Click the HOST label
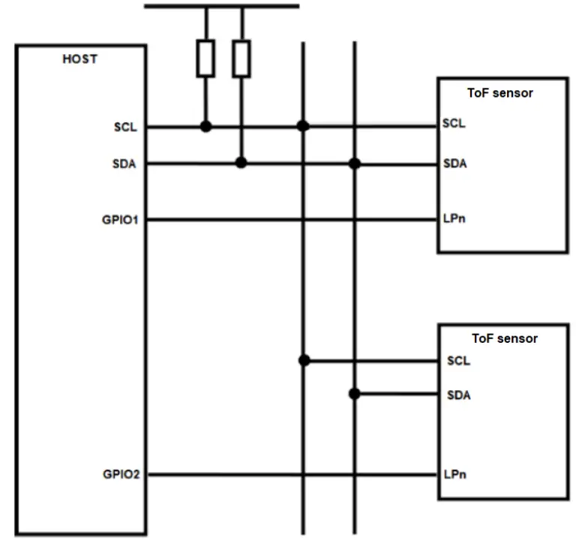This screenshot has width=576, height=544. pyautogui.click(x=79, y=59)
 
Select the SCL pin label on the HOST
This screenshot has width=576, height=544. pyautogui.click(x=125, y=127)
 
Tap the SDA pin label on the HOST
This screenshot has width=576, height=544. pyautogui.click(x=124, y=164)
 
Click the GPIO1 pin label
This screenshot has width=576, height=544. pyautogui.click(x=120, y=220)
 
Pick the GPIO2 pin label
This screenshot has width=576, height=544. pyautogui.click(x=121, y=475)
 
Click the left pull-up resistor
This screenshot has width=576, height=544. pyautogui.click(x=205, y=59)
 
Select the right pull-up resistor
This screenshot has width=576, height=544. pyautogui.click(x=241, y=59)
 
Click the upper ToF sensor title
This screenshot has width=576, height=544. pyautogui.click(x=500, y=93)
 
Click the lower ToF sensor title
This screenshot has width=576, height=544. pyautogui.click(x=504, y=338)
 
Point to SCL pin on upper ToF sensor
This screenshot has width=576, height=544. pyautogui.click(x=454, y=124)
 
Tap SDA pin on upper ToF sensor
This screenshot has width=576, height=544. pyautogui.click(x=454, y=164)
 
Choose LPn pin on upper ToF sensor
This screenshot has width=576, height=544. pyautogui.click(x=454, y=220)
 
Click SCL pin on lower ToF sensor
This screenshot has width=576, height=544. pyautogui.click(x=458, y=361)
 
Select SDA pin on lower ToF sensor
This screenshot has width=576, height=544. pyautogui.click(x=459, y=395)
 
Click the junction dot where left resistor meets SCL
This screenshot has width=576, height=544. pyautogui.click(x=205, y=127)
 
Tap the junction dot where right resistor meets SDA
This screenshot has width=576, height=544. pyautogui.click(x=241, y=163)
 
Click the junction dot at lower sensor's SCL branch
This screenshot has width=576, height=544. pyautogui.click(x=304, y=360)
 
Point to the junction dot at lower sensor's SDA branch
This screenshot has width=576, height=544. pyautogui.click(x=354, y=393)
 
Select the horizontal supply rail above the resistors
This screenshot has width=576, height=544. pyautogui.click(x=221, y=6)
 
